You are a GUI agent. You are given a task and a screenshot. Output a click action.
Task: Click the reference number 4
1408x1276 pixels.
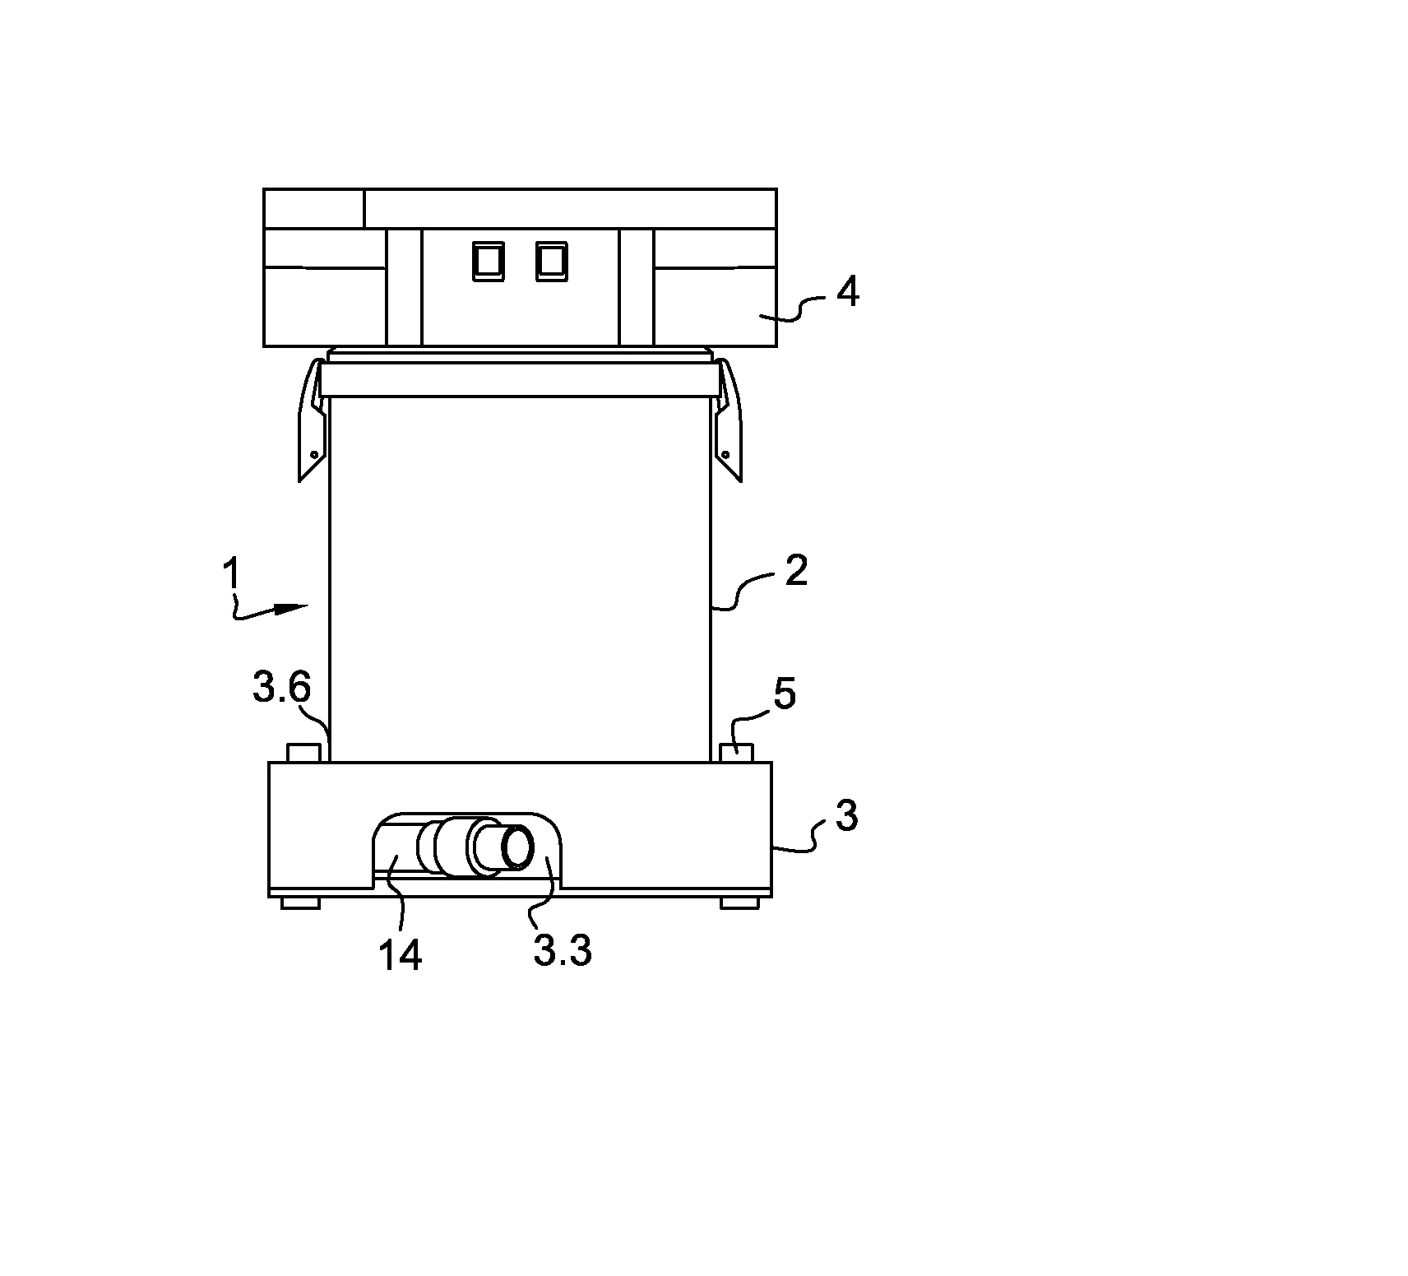click(847, 292)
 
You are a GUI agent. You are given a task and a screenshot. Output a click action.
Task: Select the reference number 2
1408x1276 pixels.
click(796, 570)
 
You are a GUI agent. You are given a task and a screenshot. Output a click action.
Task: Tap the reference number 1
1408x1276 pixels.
click(233, 573)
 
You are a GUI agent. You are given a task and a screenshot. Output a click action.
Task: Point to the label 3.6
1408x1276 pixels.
click(281, 689)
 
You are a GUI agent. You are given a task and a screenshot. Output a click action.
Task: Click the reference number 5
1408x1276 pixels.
click(785, 694)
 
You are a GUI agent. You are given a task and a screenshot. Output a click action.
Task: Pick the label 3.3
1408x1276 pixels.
click(563, 952)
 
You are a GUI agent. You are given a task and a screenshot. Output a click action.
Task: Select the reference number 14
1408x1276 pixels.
click(401, 955)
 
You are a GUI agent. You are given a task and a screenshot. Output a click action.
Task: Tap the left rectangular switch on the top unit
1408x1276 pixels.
click(485, 261)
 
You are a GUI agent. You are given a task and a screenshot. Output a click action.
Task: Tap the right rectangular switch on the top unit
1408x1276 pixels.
click(550, 261)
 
